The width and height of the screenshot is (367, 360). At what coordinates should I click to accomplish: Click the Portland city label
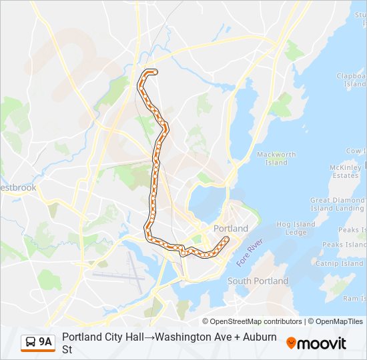coord(230,228)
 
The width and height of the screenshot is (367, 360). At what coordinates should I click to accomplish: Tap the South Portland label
coord(258,281)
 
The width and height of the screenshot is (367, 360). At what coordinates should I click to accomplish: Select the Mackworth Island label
coord(276,158)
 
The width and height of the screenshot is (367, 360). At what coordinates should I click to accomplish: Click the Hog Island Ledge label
coord(295,228)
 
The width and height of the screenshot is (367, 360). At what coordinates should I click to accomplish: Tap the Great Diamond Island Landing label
coord(338,204)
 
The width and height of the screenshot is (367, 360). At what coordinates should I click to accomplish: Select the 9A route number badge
coord(45,342)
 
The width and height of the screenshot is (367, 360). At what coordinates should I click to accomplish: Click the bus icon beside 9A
coord(30,342)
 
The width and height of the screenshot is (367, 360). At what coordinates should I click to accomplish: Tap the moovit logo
coord(316,343)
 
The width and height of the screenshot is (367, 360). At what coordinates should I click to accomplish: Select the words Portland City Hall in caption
coord(103,337)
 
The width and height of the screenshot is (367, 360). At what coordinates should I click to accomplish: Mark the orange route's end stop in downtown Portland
coord(226,239)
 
